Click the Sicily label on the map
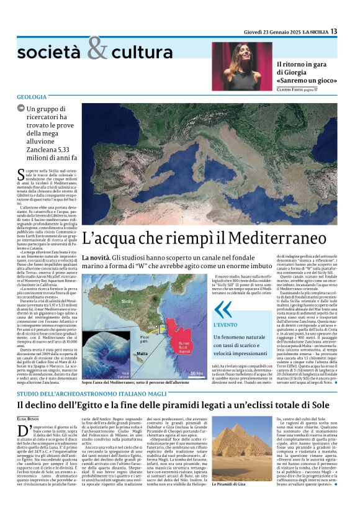click(127, 301)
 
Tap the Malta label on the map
click(143, 353)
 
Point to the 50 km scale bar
click(196, 373)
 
